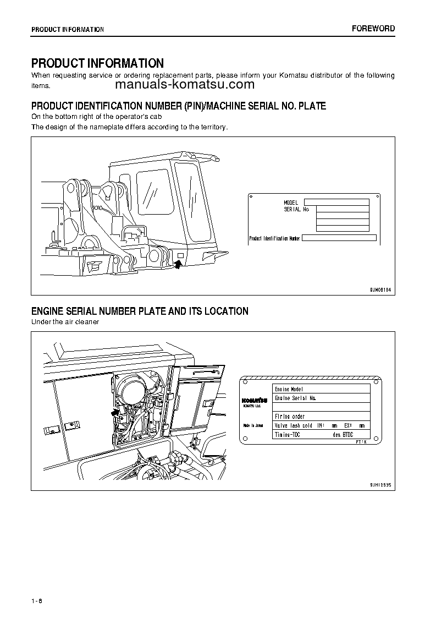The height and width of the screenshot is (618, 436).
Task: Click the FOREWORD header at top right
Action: pyautogui.click(x=374, y=29)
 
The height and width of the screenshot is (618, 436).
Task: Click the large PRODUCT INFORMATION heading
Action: pyautogui.click(x=97, y=63)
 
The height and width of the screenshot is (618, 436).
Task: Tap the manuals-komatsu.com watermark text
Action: pyautogui.click(x=185, y=85)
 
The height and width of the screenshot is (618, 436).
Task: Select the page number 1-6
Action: pyautogui.click(x=37, y=600)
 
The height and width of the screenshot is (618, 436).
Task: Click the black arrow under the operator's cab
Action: pyautogui.click(x=178, y=265)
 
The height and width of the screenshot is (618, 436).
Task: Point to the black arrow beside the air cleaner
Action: pyautogui.click(x=115, y=411)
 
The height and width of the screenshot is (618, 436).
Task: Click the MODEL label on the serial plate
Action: pyautogui.click(x=291, y=203)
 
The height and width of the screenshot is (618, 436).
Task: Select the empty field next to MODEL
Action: pyautogui.click(x=336, y=203)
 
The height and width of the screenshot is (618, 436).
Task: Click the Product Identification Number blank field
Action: pyautogui.click(x=339, y=238)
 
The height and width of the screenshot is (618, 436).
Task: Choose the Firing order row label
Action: pyautogui.click(x=290, y=417)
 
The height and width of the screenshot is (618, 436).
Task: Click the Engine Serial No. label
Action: pyautogui.click(x=295, y=398)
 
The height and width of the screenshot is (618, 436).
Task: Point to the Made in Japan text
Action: pyautogui.click(x=253, y=425)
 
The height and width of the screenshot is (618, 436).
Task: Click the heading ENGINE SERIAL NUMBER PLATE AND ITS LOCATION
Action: pyautogui.click(x=140, y=311)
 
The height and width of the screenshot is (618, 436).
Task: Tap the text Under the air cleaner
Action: pyautogui.click(x=65, y=322)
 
